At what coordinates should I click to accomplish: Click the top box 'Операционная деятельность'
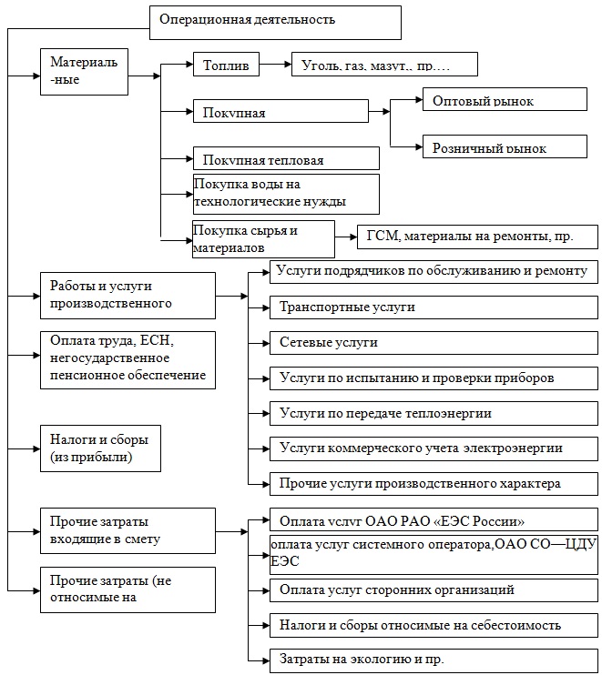[x=273, y=21]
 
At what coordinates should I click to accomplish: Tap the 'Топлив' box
[x=227, y=65]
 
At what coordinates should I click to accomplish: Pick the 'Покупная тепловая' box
[x=285, y=158]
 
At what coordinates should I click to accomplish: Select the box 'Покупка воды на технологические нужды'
[x=285, y=194]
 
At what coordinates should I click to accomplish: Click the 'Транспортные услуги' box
[x=428, y=307]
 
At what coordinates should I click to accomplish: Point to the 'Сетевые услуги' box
[x=428, y=343]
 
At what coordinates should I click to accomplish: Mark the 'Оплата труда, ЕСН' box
[x=128, y=360]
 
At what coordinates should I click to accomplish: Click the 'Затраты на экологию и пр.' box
[x=428, y=659]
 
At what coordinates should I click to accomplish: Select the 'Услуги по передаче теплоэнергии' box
[x=428, y=413]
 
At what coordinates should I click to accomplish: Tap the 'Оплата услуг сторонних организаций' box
[x=428, y=590]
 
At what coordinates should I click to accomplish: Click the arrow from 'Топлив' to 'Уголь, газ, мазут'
[x=275, y=65]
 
